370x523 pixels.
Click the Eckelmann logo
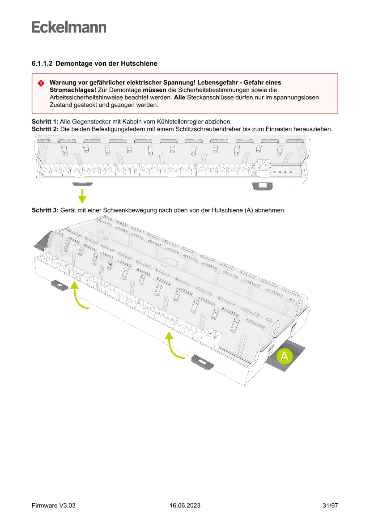coord(69,27)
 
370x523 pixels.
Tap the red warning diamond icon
coord(41,83)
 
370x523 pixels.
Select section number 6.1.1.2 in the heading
coord(42,64)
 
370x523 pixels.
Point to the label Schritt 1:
coord(45,122)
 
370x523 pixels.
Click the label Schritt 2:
coord(45,129)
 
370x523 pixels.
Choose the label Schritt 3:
coord(45,210)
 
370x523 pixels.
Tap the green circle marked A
coord(284,357)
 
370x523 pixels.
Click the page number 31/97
coord(330,506)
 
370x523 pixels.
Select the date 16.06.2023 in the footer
coord(185,506)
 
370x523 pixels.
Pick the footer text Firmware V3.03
coord(53,506)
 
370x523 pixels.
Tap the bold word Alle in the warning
coord(179,98)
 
